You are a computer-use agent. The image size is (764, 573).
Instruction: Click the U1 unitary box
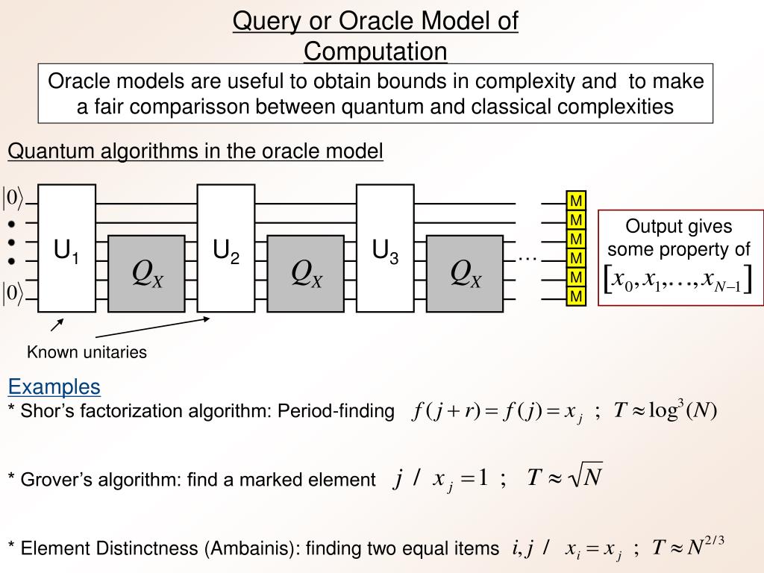pos(66,248)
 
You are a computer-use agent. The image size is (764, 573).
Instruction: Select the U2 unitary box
pos(226,248)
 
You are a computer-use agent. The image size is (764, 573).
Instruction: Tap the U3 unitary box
pos(385,248)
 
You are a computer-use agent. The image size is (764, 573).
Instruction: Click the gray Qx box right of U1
pos(147,273)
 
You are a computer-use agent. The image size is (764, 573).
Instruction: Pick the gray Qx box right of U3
pos(466,273)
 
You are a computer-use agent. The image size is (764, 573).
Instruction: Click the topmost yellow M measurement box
pos(576,201)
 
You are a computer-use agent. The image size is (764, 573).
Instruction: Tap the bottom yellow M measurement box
pos(576,298)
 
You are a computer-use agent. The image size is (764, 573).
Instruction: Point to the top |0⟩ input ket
pos(13,198)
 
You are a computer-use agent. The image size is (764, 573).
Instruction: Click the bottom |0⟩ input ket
pos(13,293)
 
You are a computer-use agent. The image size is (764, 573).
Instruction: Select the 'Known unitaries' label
pos(87,352)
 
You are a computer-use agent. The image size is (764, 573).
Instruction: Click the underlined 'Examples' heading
pos(54,386)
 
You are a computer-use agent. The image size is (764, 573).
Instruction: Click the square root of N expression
pos(583,476)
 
